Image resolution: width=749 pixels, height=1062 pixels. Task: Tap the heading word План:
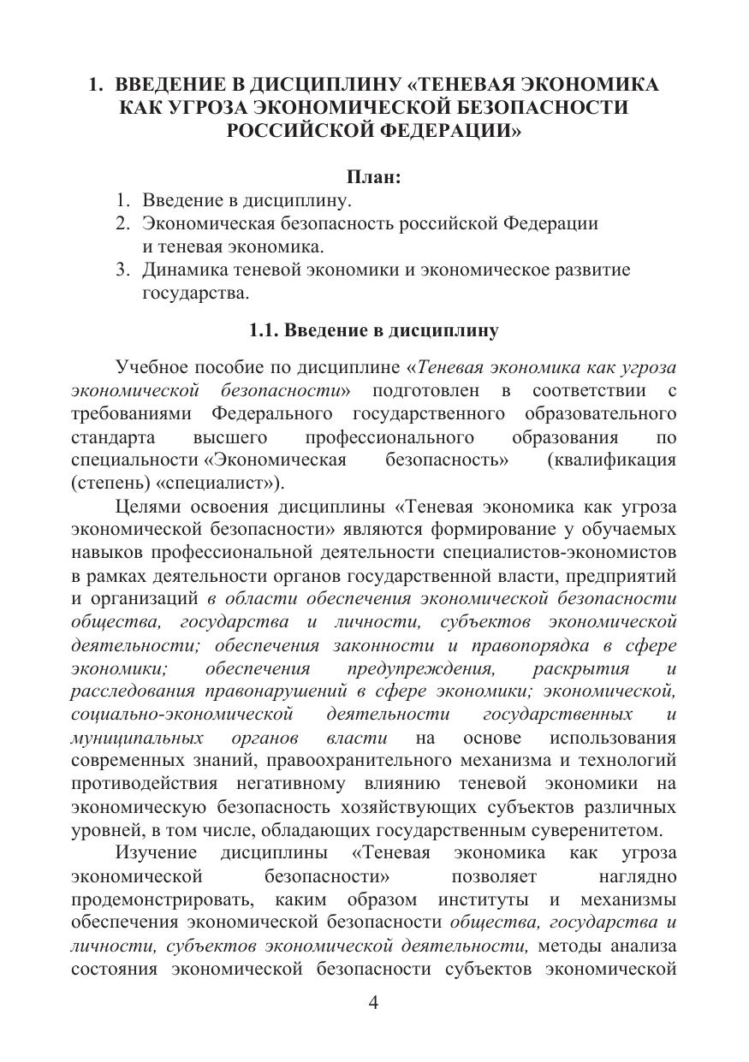coord(373,177)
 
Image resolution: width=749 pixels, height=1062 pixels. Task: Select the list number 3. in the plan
coord(124,270)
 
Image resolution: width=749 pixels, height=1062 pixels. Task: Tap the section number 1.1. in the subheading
coord(264,329)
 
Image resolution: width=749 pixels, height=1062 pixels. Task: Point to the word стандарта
coord(114,437)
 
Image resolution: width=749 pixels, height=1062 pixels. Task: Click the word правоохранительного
coord(382,761)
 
